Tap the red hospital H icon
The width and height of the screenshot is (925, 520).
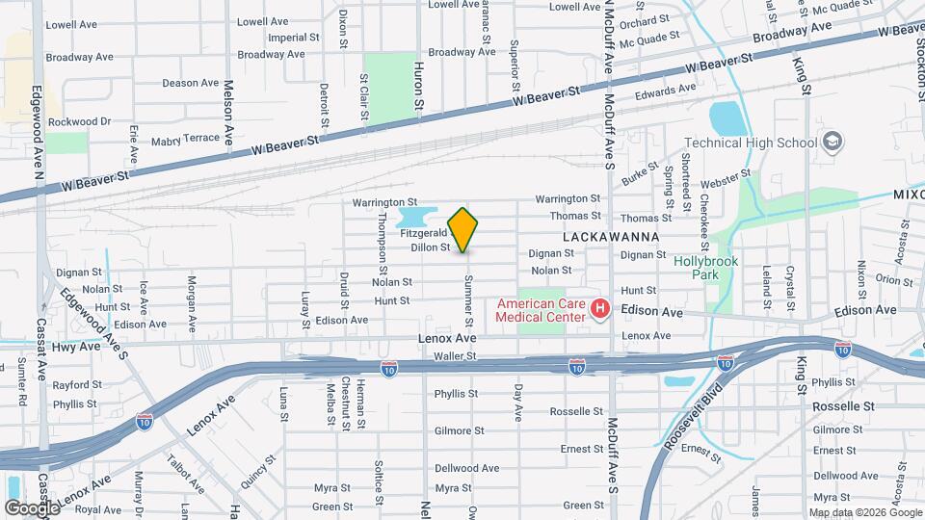(599, 309)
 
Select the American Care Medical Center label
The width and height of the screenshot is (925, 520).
(541, 310)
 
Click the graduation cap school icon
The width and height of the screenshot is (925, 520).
(832, 143)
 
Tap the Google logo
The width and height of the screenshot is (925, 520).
(32, 507)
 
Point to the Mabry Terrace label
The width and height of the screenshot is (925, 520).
(185, 139)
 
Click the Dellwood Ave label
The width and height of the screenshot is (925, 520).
(466, 468)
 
